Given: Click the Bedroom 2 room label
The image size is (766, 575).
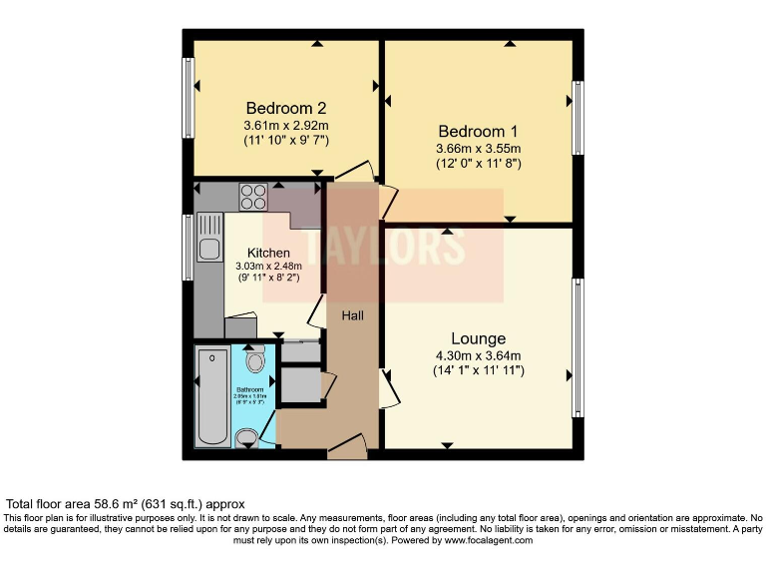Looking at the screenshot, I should [286, 108].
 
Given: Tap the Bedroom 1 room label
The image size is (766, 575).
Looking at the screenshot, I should [478, 131].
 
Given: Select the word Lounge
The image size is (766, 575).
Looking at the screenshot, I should [478, 338].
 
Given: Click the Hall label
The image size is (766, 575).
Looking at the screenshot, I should [353, 315].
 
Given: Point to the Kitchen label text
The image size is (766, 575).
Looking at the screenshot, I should [268, 253].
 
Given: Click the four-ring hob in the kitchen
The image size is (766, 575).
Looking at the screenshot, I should [253, 197].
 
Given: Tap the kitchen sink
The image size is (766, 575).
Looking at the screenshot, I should [208, 248].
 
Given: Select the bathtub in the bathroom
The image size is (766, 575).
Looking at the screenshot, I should [212, 397].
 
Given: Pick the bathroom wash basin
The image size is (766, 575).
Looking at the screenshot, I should [247, 437].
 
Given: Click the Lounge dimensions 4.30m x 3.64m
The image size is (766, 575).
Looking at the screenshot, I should [478, 355].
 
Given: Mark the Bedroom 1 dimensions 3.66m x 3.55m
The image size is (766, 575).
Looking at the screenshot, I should [478, 148].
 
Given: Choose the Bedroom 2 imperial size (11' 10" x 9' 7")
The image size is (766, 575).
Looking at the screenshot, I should [286, 141].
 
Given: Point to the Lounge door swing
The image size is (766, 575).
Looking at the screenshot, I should [389, 387].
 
